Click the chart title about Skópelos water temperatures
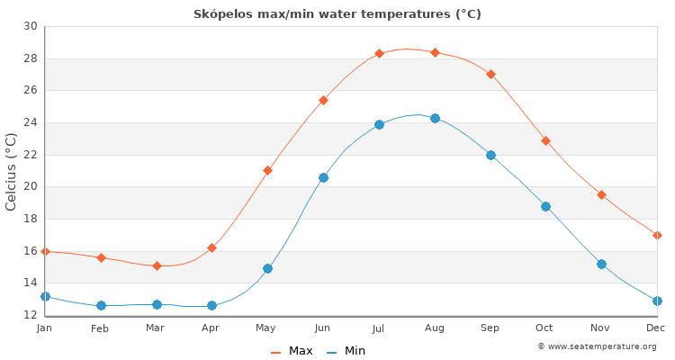[337, 13]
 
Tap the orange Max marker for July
[379, 53]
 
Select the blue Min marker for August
[435, 118]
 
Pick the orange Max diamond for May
[267, 170]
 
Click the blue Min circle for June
[323, 177]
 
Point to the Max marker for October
[545, 140]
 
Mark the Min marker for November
[601, 264]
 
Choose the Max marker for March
[157, 265]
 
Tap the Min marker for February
[101, 305]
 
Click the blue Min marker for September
[490, 155]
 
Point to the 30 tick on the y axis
[31, 26]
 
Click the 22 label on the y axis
[31, 155]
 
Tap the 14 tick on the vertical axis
[31, 283]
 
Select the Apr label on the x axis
[211, 328]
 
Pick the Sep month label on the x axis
[490, 328]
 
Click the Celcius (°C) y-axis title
[12, 171]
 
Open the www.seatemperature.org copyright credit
[597, 346]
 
